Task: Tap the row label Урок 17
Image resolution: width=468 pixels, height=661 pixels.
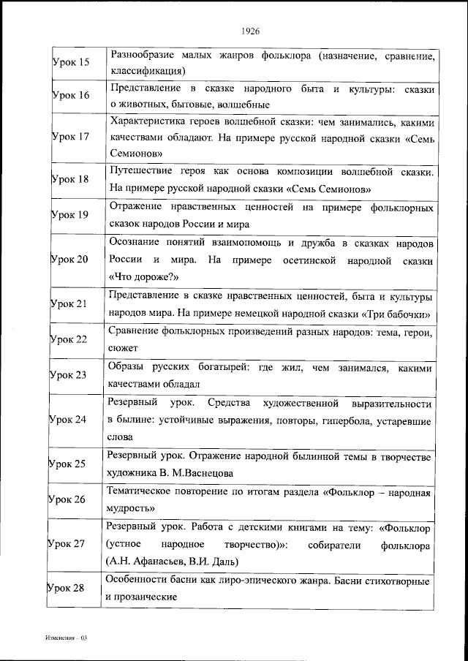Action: [x=71, y=136]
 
